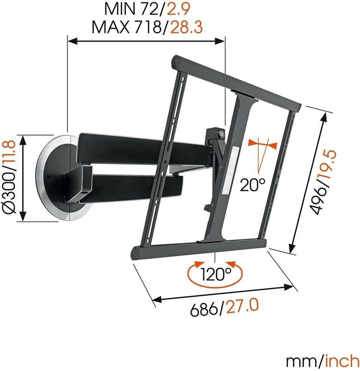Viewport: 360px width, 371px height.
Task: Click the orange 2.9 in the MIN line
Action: tap(178, 9)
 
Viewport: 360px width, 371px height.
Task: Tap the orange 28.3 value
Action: tap(186, 27)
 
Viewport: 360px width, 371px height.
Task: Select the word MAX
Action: tap(111, 27)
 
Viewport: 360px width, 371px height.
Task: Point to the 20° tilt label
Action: tap(253, 185)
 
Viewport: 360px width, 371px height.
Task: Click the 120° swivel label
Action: tap(216, 274)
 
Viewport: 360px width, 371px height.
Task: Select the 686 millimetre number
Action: tap(204, 309)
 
